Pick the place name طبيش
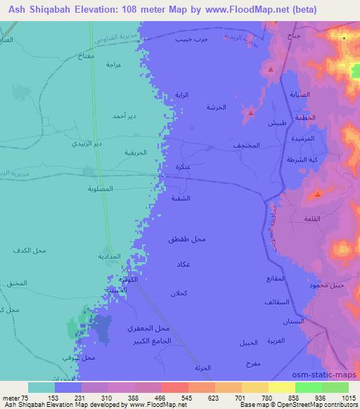click(276, 123)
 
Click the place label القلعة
click(309, 219)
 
